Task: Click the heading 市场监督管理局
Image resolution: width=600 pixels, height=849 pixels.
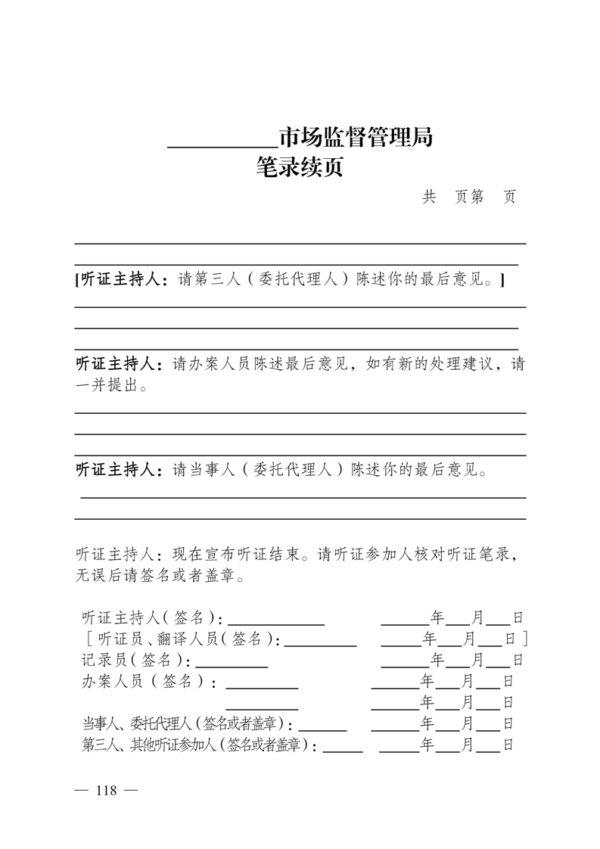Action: pyautogui.click(x=356, y=138)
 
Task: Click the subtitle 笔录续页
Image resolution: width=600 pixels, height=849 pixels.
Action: pyautogui.click(x=300, y=166)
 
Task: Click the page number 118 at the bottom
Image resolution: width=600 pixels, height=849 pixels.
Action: pyautogui.click(x=106, y=791)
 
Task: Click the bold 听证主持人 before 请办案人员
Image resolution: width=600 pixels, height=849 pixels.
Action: pyautogui.click(x=119, y=364)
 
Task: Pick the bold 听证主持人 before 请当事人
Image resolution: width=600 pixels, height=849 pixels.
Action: pyautogui.click(x=119, y=470)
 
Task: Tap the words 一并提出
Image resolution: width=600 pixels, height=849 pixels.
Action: pyautogui.click(x=106, y=386)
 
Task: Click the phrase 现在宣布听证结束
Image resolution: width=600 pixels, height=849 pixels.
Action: pyautogui.click(x=235, y=555)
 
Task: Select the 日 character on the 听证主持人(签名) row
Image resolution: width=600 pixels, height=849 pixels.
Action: pyautogui.click(x=518, y=617)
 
